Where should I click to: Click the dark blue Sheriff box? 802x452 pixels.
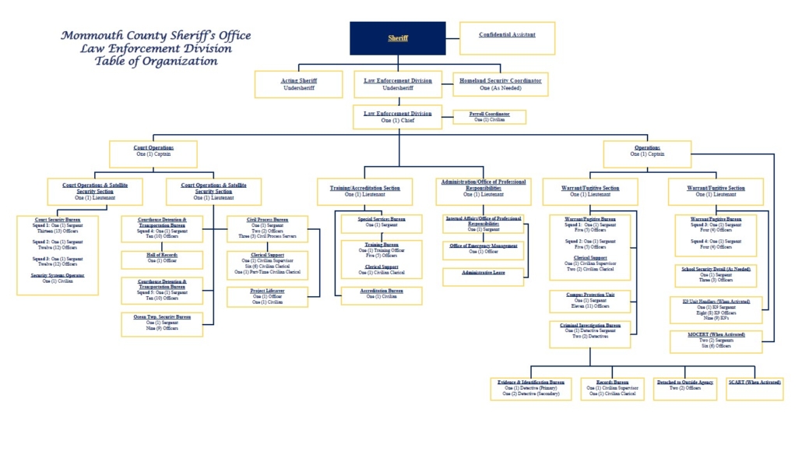point(397,38)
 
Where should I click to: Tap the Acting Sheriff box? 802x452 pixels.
point(298,84)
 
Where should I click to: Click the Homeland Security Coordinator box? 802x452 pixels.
point(500,84)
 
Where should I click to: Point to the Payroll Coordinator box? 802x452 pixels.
point(489,117)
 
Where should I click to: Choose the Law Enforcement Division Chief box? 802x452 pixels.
point(397,117)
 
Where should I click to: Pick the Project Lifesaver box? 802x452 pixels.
point(267,296)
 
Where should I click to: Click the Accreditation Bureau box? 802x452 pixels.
point(381,295)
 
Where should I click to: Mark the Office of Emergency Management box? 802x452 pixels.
point(483,249)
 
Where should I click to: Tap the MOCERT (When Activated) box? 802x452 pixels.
point(716,341)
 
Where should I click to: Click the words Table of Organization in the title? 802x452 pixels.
point(156,62)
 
